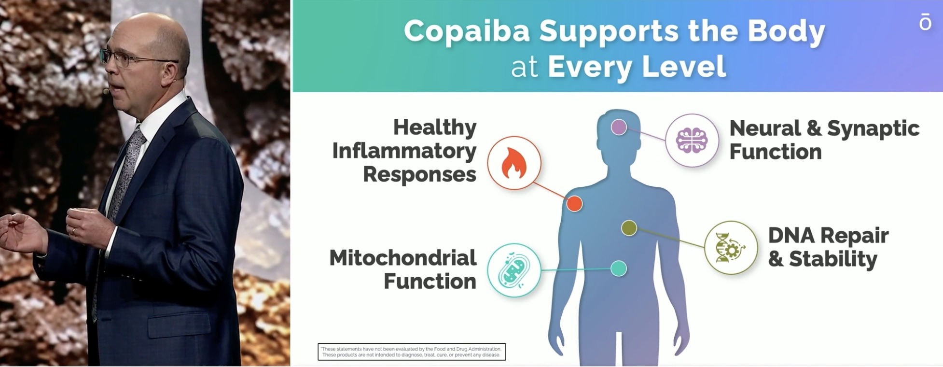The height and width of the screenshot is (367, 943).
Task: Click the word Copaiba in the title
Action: (467, 31)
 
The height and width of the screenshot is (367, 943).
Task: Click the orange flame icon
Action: (513, 163)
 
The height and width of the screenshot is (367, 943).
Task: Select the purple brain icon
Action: (692, 140)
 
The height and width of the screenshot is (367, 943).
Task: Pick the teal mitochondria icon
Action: (513, 269)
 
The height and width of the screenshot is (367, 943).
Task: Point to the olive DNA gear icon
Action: (731, 247)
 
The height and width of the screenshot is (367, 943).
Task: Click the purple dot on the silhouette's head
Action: (619, 127)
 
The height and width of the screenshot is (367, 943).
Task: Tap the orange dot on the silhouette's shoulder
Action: (574, 204)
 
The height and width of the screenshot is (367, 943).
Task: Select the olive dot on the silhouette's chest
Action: (629, 228)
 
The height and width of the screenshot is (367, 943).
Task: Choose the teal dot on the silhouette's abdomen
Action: (618, 268)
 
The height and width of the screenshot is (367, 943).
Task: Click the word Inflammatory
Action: (404, 151)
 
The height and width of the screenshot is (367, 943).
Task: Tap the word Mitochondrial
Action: (402, 258)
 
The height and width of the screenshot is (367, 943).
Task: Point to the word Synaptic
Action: (873, 129)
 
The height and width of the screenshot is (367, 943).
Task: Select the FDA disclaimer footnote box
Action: (412, 352)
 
